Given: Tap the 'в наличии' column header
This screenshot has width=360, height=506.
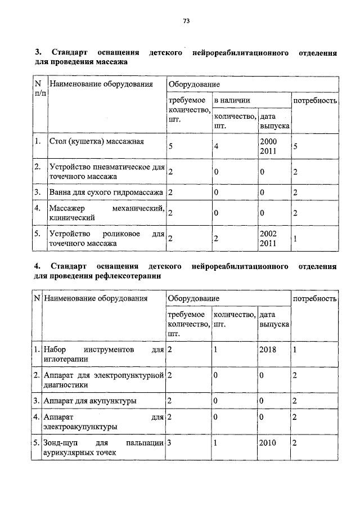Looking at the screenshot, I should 231,100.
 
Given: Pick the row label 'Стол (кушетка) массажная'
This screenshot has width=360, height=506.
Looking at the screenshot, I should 97,141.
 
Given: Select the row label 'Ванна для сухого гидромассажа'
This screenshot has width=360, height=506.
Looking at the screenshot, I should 106,192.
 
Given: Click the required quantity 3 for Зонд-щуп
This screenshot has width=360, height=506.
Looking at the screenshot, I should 169,443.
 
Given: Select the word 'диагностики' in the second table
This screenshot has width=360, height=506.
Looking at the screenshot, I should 65,385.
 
